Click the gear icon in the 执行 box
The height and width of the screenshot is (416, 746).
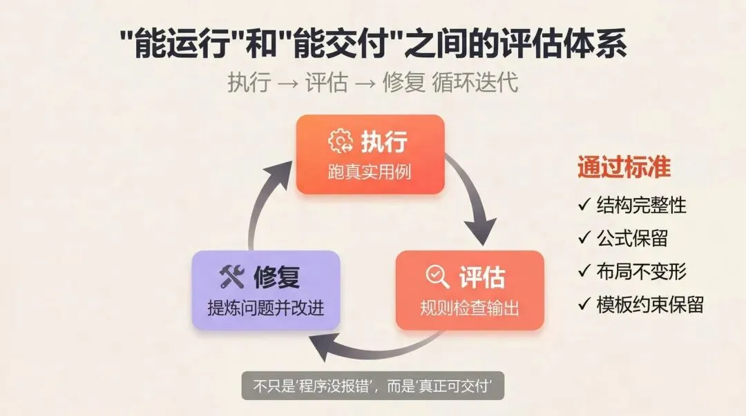click(340, 141)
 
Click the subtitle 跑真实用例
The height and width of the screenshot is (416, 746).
click(370, 171)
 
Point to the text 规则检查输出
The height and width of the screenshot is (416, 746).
click(470, 308)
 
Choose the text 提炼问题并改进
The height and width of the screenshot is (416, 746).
click(266, 308)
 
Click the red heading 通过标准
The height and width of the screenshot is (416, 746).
click(624, 168)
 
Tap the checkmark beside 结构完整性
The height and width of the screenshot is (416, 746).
click(583, 205)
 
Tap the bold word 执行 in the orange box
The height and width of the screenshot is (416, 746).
click(384, 141)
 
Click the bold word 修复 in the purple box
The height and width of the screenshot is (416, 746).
click(276, 277)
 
